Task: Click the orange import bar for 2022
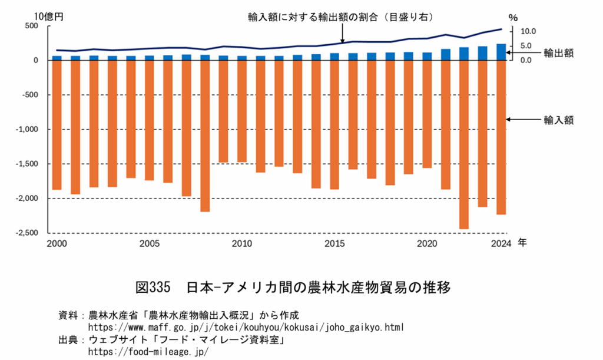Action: click(x=463, y=144)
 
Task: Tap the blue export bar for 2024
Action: click(x=501, y=52)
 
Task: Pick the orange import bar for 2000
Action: click(x=57, y=125)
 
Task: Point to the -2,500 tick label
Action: click(x=26, y=233)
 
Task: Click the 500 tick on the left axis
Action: click(x=31, y=26)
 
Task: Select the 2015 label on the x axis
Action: click(x=334, y=243)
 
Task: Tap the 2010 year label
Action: click(x=241, y=243)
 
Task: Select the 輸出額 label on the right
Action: click(x=558, y=53)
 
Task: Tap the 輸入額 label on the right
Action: click(x=558, y=120)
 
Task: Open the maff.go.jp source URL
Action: click(x=246, y=326)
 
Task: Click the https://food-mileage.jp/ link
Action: click(x=148, y=351)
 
